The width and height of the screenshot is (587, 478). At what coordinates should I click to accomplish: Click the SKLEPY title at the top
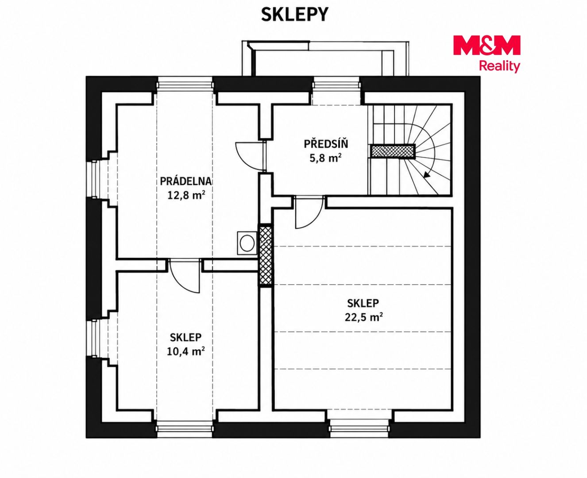click(294, 14)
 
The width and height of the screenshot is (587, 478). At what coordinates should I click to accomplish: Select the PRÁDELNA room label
click(186, 181)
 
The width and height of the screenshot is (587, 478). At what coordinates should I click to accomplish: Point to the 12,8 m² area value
click(186, 195)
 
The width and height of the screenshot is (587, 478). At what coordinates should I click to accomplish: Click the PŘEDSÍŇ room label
click(326, 144)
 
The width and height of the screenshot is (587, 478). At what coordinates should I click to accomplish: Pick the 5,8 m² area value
click(326, 158)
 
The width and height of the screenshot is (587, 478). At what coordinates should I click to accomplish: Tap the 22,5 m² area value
click(363, 317)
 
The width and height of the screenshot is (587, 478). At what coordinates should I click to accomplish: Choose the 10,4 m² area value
click(185, 351)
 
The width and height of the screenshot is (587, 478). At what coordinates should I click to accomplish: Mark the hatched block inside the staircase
click(392, 151)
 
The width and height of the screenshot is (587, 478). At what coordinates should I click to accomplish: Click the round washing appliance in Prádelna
click(247, 243)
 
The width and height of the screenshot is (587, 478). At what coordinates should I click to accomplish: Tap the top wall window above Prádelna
click(185, 84)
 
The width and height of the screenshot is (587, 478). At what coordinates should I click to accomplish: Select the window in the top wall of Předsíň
click(336, 84)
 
